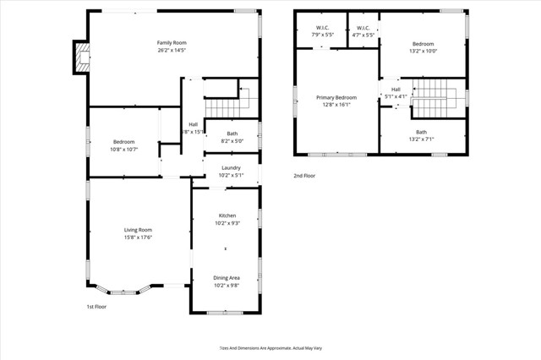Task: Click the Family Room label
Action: coord(172,43)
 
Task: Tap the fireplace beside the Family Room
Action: coord(81,57)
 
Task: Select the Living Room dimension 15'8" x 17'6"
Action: coord(138,237)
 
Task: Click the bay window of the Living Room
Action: coord(123,289)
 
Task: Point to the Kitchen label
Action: coord(227,215)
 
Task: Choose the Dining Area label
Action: coord(227,277)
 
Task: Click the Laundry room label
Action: coord(231,168)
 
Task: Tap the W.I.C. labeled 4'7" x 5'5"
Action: coord(363,31)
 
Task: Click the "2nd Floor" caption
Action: coord(305,176)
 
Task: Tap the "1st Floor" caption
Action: coord(97,307)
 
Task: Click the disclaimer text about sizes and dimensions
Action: coord(270,347)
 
